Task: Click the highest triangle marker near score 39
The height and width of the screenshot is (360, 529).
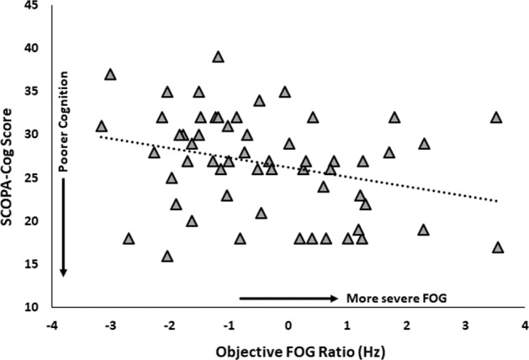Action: [218, 57]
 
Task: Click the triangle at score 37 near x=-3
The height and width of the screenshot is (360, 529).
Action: [110, 74]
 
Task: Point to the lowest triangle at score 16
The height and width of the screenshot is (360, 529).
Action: [167, 256]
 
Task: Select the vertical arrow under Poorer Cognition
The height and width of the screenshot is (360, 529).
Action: [63, 227]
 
